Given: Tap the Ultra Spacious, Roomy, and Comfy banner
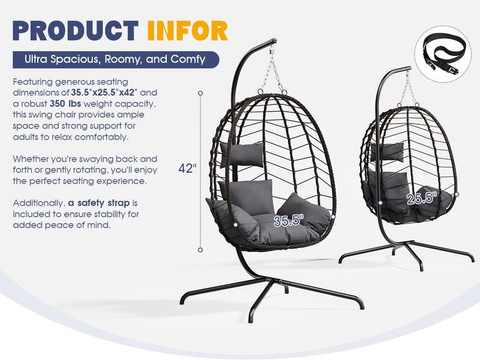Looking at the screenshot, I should (116, 59).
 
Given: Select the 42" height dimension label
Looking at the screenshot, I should (187, 169).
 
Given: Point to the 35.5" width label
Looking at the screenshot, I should (288, 221).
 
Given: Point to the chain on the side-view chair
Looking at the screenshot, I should (409, 88).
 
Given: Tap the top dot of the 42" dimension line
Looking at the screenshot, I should (200, 93).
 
